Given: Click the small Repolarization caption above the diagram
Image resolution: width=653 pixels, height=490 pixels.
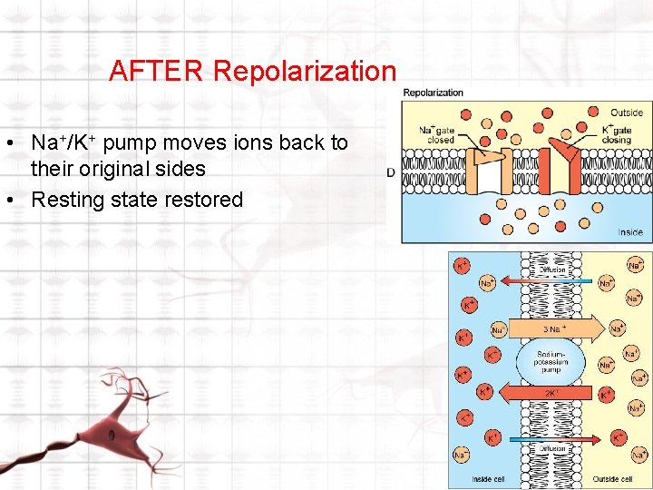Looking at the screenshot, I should click(433, 93).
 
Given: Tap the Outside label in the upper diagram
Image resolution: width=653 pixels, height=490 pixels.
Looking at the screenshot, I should click(627, 113).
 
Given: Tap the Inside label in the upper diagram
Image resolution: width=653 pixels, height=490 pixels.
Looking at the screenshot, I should click(630, 232).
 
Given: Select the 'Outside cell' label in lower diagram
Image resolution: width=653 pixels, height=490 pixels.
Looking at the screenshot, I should click(614, 479).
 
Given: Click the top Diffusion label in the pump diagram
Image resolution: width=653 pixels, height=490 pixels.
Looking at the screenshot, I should click(552, 269).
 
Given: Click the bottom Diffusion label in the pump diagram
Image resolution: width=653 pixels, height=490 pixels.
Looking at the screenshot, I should click(552, 448).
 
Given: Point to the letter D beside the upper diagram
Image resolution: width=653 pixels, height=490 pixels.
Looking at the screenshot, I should click(391, 172).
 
